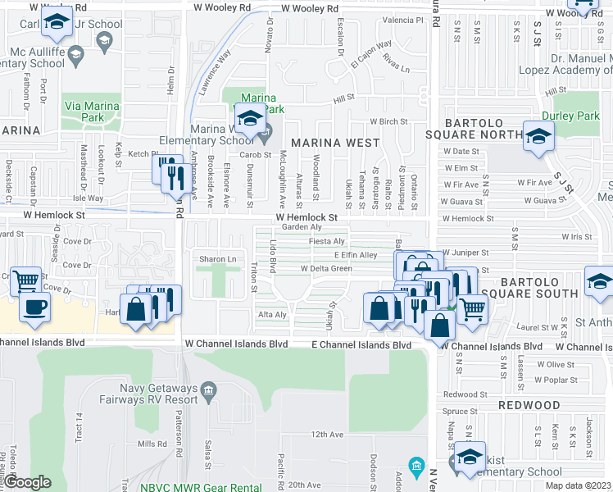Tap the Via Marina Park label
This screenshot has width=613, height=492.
90,112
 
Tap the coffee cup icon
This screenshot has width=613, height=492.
34,307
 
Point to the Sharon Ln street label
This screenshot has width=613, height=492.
217,259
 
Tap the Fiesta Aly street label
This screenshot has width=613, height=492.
325,241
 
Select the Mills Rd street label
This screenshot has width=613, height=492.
152,444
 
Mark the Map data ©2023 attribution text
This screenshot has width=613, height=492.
579,485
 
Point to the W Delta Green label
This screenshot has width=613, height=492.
326,268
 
